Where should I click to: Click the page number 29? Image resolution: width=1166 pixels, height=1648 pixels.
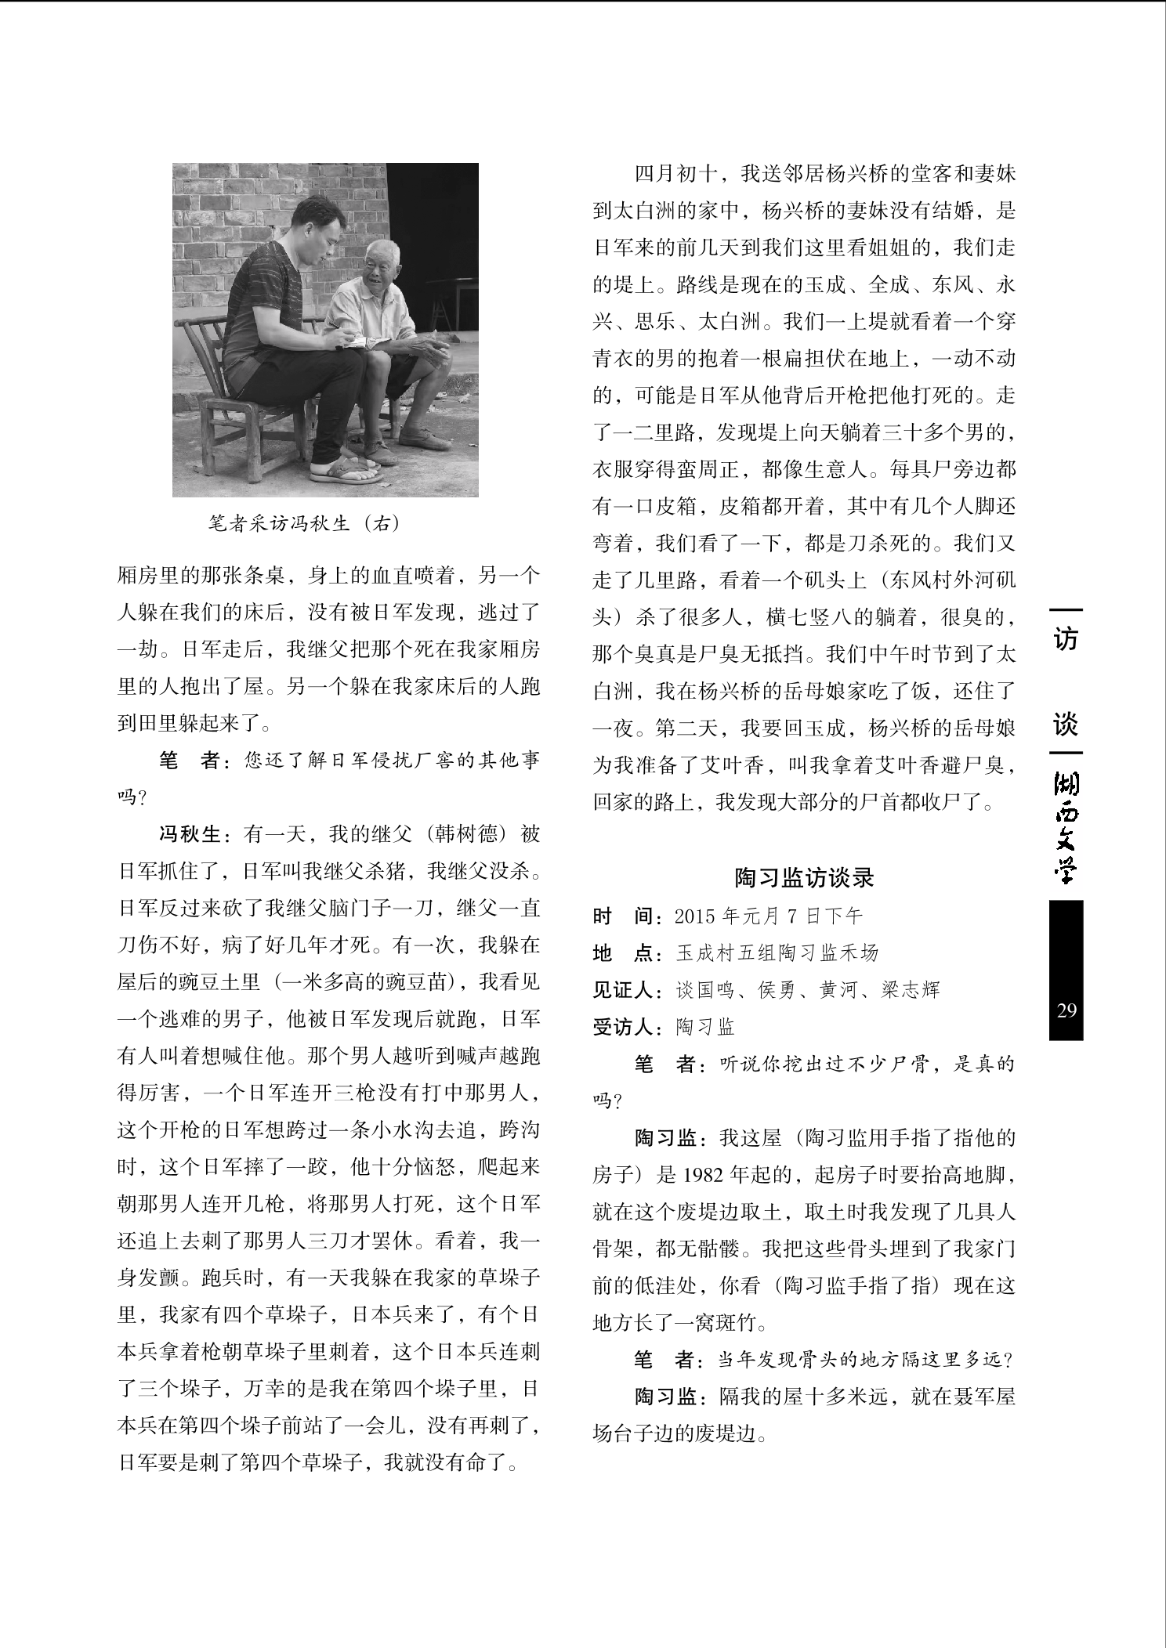[x=1066, y=1010]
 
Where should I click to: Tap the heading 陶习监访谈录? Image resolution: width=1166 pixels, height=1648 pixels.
[x=804, y=877]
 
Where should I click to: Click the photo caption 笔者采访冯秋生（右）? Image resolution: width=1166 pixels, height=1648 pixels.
[x=304, y=523]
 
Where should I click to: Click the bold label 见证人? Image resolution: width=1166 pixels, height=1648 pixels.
[x=624, y=990]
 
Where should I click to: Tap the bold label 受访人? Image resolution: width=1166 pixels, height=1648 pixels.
[x=624, y=1027]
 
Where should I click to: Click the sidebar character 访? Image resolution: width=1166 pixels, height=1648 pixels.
[x=1066, y=639]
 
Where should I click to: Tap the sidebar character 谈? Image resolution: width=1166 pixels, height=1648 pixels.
[x=1066, y=723]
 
